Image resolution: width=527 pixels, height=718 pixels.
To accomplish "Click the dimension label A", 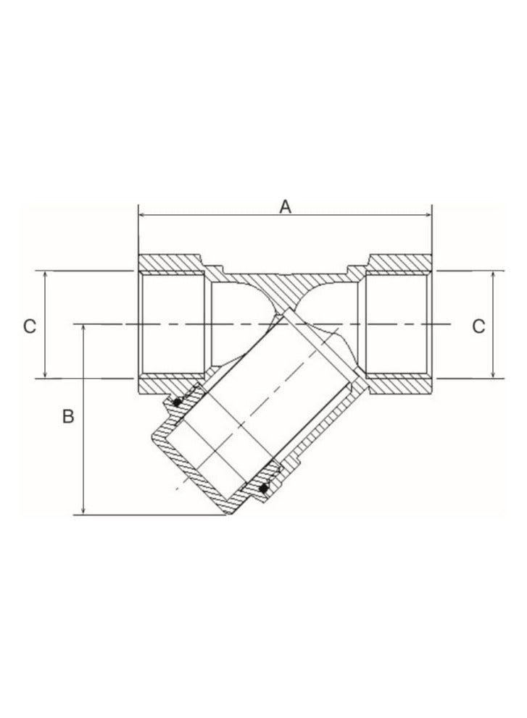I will point(286,206).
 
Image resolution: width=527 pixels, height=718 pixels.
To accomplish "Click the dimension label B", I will point(67,418).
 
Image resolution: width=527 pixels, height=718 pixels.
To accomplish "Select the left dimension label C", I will point(28,326).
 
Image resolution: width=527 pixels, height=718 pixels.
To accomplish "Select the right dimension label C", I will point(478,326).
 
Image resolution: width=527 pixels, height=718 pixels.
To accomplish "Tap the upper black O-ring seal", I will point(176,402).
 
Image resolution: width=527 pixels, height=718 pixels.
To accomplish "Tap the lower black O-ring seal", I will point(264,489).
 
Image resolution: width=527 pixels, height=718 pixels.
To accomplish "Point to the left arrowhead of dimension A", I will point(142,215).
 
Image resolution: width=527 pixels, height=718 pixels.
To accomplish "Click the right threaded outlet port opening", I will point(399,325).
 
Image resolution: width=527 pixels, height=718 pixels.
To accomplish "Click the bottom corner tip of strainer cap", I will point(228,515).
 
